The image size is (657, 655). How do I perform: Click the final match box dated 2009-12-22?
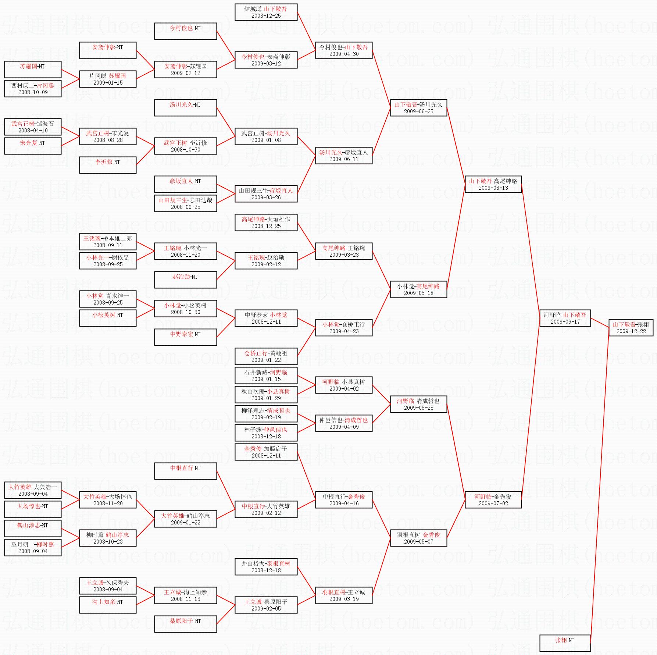(631, 328)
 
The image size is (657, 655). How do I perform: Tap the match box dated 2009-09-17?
(565, 318)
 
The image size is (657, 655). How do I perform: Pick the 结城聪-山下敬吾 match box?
(266, 12)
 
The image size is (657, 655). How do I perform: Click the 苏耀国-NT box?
(33, 70)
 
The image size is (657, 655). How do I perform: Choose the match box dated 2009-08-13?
(493, 184)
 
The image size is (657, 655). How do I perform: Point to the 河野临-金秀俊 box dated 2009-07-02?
(493, 500)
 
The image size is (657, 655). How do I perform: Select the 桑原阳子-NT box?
(185, 624)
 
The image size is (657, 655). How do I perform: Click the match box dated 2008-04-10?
(33, 127)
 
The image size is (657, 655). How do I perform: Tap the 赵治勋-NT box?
(185, 280)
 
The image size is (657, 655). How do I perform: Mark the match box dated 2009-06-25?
(418, 108)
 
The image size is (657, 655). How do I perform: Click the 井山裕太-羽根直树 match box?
(266, 567)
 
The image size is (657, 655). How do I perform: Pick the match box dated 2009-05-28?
(418, 404)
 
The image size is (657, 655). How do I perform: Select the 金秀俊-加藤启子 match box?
(266, 452)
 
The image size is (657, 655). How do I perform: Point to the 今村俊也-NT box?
(185, 31)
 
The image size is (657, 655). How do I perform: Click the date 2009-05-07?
(418, 542)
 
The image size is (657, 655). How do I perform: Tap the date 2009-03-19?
(344, 599)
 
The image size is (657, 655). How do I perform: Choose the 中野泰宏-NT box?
(185, 337)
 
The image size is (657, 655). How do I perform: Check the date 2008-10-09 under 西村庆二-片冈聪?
(33, 92)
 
